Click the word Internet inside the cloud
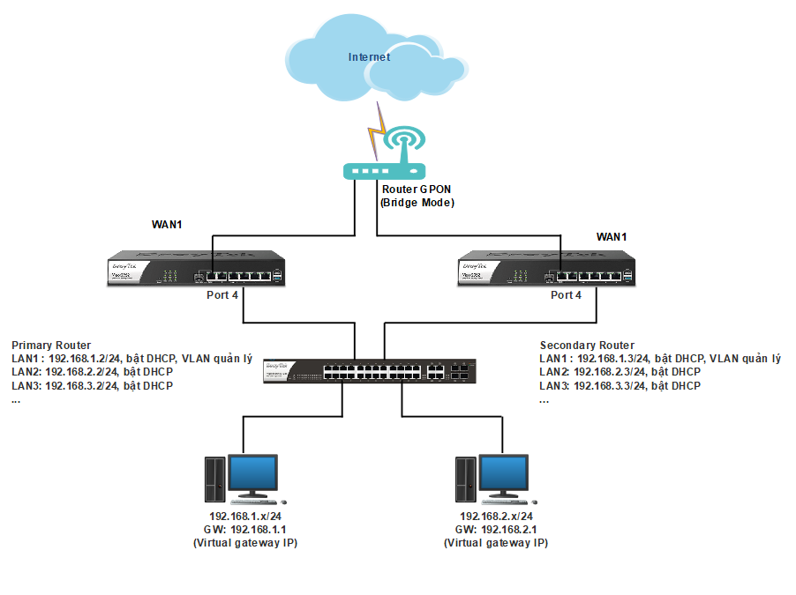click(369, 57)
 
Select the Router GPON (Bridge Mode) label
click(417, 196)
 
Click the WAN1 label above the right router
click(612, 237)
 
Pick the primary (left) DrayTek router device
click(196, 270)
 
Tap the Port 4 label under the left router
click(222, 295)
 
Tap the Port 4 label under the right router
click(567, 295)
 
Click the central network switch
click(370, 372)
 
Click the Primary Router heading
click(51, 345)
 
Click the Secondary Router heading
click(587, 346)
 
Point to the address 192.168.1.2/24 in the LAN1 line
click(86, 359)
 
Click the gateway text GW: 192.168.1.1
click(245, 530)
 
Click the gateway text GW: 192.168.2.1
click(496, 530)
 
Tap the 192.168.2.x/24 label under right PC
click(496, 517)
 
